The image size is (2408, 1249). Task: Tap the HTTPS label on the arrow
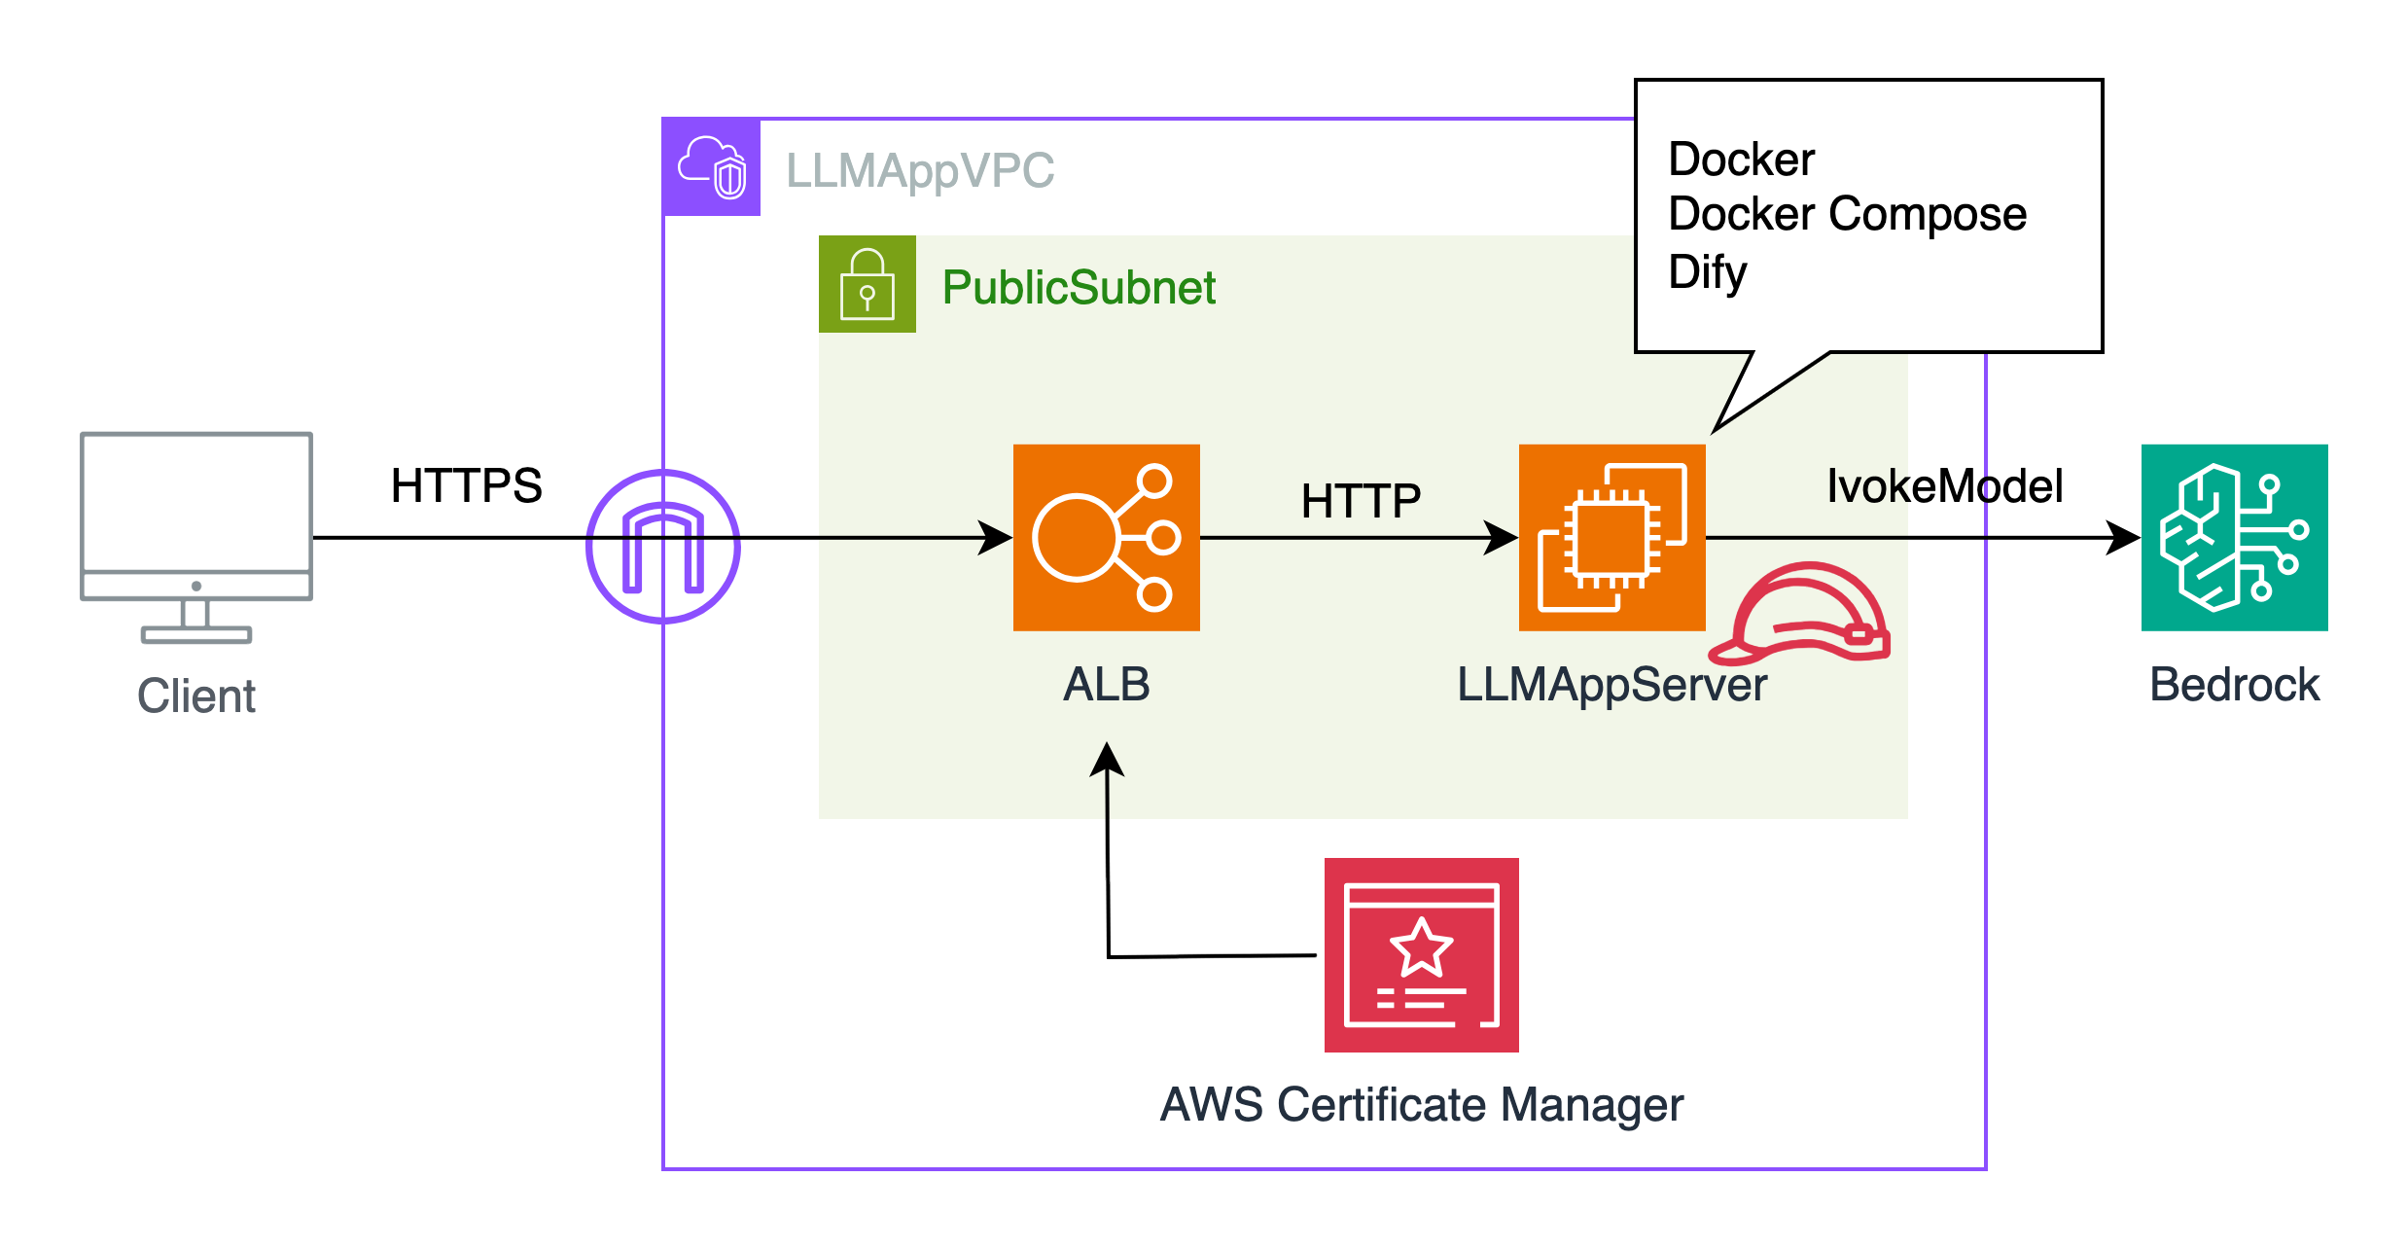pos(466,485)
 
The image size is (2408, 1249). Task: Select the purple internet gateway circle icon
pos(663,547)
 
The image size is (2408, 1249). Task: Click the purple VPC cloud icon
pos(712,167)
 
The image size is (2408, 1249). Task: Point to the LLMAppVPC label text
pos(919,171)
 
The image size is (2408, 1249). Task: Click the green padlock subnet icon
pos(867,284)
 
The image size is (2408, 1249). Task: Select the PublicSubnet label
pos(1079,288)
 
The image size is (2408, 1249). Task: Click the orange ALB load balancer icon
pos(1106,538)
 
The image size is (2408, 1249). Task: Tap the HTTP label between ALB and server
pos(1361,502)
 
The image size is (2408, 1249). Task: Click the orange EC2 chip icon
pos(1611,538)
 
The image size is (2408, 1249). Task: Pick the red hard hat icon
pos(1801,613)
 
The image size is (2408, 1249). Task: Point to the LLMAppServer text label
pos(1611,685)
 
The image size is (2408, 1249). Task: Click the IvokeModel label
pos(1944,485)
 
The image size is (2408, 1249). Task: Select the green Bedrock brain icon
pos(2234,538)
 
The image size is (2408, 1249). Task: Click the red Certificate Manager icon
pos(1421,954)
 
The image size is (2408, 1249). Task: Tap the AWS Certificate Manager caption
pos(1421,1105)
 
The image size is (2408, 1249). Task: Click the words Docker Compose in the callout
pos(1847,214)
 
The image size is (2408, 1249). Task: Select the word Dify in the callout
pos(1707,272)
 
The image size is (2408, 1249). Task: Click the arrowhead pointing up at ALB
pos(1107,759)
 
